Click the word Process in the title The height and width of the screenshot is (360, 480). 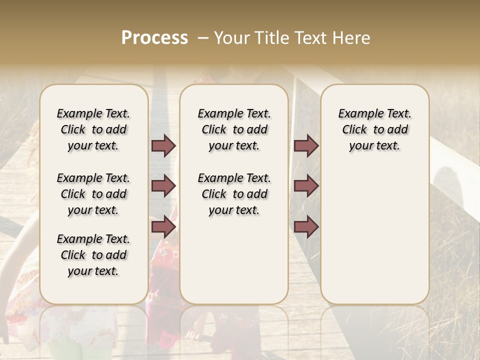154,38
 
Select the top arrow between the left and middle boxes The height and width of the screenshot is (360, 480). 163,145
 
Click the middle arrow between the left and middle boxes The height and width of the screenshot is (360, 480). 163,186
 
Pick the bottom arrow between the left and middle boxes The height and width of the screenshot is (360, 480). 163,226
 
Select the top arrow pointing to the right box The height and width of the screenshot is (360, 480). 306,145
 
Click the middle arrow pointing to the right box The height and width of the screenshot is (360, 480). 306,186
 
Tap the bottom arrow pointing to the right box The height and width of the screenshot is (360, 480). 306,226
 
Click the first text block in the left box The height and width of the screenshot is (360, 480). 93,129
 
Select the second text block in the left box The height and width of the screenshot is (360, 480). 93,194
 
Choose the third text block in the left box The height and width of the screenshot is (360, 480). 93,255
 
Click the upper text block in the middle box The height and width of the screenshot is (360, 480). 234,129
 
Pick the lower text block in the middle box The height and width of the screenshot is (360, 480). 234,194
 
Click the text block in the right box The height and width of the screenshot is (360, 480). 375,129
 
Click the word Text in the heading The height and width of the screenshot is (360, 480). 311,38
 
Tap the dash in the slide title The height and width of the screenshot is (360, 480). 202,38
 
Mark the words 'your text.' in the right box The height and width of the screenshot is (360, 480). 375,146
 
